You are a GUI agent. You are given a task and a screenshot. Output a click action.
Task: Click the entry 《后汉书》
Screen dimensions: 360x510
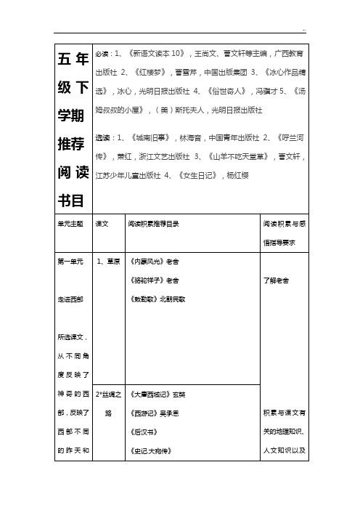142,434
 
